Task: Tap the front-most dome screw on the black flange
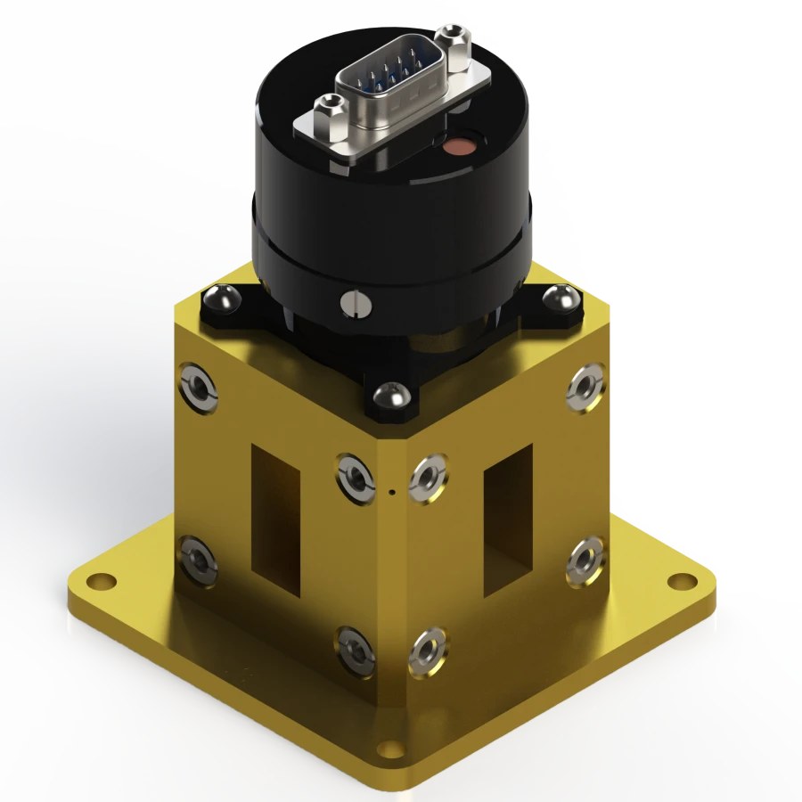[389, 394]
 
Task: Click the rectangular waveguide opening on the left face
[274, 520]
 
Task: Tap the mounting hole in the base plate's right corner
[683, 582]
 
